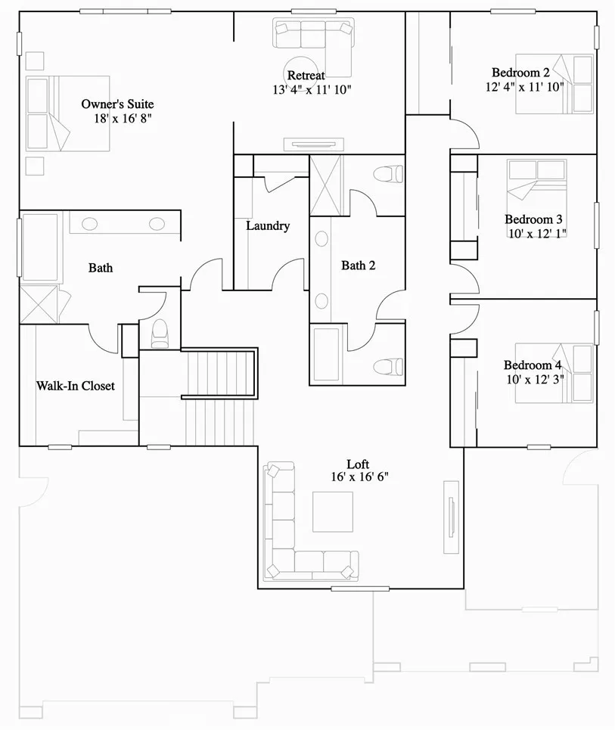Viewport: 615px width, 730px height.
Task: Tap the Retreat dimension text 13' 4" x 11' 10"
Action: [x=312, y=89]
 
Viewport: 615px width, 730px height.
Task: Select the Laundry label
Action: [x=268, y=225]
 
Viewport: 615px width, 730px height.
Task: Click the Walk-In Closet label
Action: [x=76, y=386]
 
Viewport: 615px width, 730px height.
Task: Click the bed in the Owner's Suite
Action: [x=68, y=113]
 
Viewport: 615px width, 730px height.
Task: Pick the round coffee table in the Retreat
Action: [x=301, y=69]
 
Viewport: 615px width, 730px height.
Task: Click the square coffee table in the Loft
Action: [x=333, y=512]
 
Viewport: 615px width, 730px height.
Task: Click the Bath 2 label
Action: [x=358, y=266]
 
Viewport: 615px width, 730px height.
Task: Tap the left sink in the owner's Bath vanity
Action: [x=89, y=223]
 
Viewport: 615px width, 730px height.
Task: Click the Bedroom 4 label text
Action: [x=534, y=365]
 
